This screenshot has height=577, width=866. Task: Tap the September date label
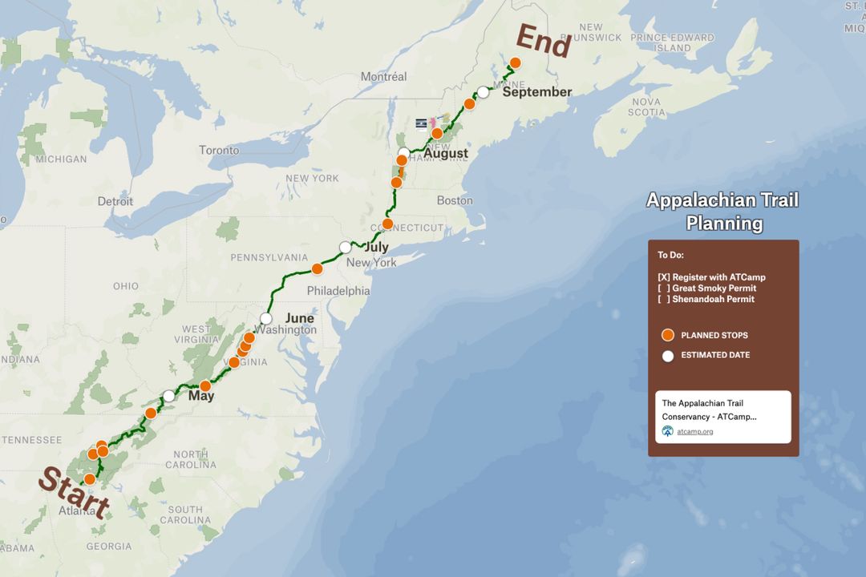pos(537,91)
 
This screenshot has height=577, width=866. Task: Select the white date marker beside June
pos(266,318)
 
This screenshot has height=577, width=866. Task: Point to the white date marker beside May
pos(169,396)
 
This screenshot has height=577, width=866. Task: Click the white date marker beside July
pos(346,247)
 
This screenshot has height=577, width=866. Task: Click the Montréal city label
pos(383,77)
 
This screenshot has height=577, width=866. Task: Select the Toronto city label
pos(219,150)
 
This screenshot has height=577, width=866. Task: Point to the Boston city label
pos(455,200)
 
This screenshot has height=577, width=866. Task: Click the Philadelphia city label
pos(338,291)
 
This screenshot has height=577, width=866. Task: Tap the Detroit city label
pos(115,201)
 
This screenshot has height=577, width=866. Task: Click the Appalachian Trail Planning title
pos(722,212)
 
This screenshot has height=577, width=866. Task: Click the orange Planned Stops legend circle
pos(668,336)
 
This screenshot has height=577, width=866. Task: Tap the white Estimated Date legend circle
pos(668,355)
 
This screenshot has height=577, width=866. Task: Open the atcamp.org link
pos(694,431)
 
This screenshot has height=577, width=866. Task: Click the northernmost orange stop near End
pos(516,63)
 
